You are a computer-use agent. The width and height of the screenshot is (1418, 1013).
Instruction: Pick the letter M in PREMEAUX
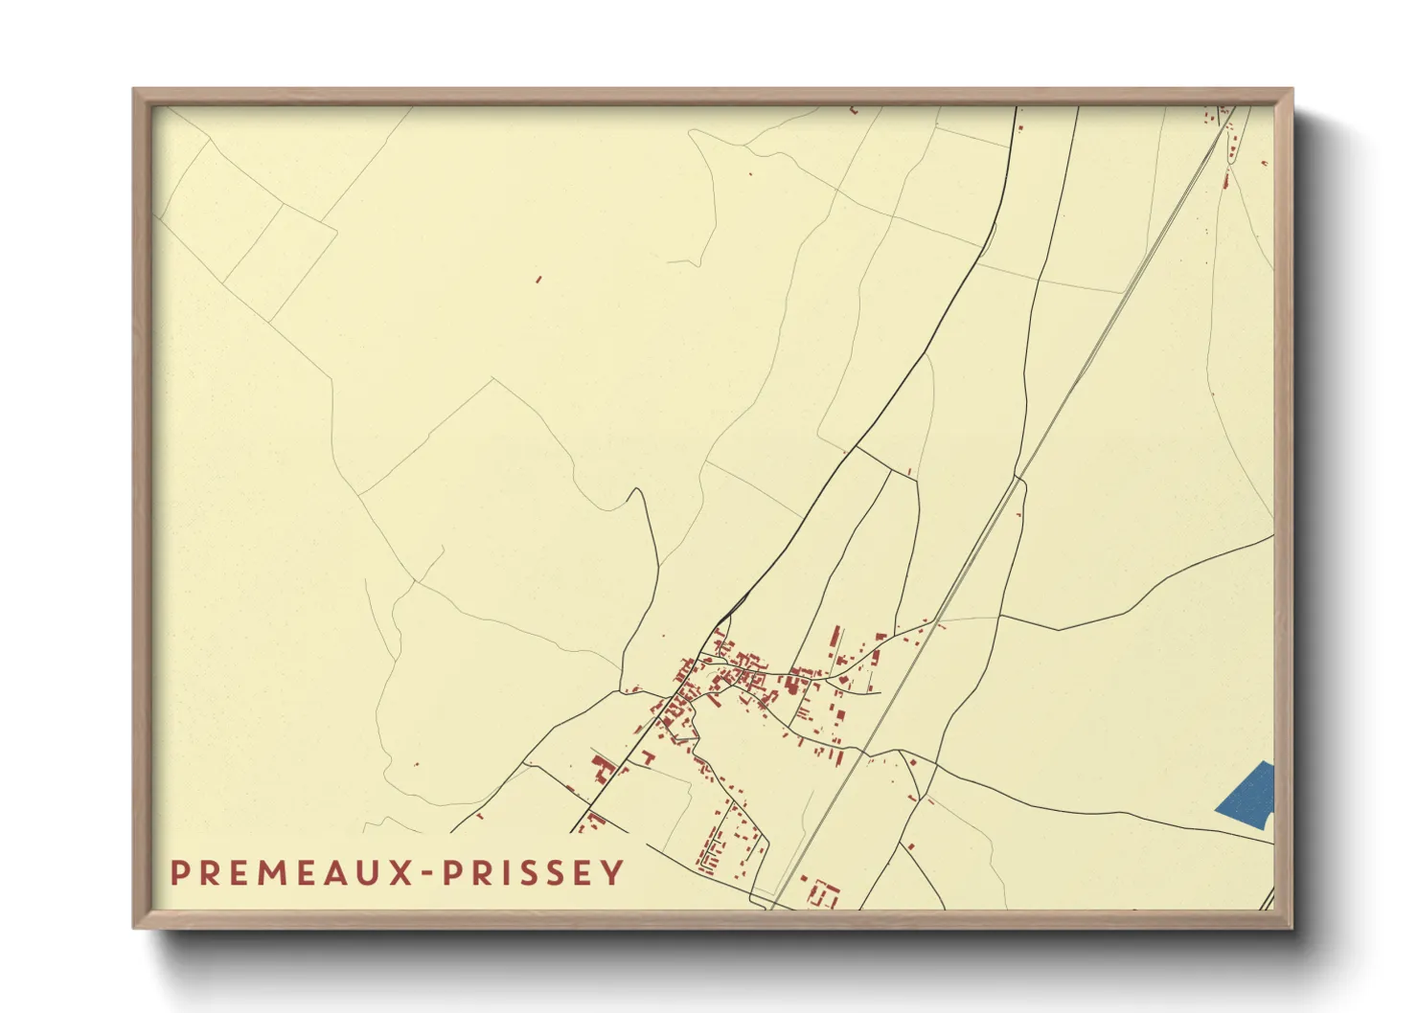coord(263,872)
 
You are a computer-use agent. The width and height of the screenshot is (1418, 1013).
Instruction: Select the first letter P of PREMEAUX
coord(178,872)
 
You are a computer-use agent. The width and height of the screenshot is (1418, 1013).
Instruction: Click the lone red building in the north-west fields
coord(538,280)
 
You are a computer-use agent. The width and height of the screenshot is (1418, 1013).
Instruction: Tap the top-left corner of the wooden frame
coord(134,90)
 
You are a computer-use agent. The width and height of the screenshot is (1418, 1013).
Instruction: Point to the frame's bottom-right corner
coord(1292,927)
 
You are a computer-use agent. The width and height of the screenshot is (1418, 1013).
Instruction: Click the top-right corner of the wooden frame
coord(1292,90)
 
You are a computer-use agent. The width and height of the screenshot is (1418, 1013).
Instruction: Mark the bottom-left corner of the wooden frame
coord(134,927)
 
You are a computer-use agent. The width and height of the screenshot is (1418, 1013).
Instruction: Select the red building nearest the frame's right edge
coord(1266,164)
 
